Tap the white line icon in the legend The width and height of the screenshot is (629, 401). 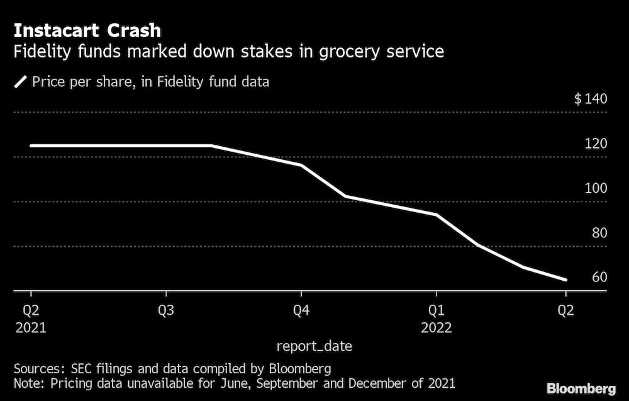click(20, 82)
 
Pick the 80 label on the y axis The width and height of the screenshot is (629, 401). click(599, 233)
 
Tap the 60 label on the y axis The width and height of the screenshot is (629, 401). click(599, 278)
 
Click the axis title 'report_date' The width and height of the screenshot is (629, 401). click(314, 346)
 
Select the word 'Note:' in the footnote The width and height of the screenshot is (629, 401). click(30, 383)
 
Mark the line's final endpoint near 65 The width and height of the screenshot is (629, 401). click(566, 280)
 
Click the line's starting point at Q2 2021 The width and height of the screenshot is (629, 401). click(31, 145)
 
